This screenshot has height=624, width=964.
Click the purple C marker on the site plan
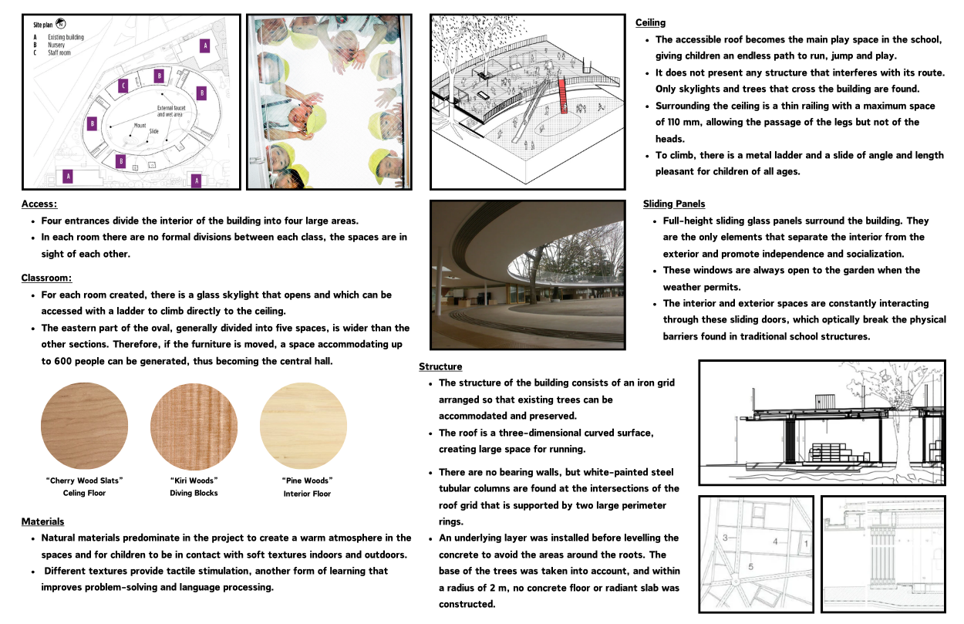click(123, 86)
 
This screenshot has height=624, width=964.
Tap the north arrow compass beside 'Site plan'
click(61, 24)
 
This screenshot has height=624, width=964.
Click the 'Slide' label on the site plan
click(153, 132)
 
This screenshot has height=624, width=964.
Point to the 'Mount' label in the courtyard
click(140, 125)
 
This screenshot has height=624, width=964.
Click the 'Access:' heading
click(39, 204)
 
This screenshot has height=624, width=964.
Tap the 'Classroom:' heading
click(46, 278)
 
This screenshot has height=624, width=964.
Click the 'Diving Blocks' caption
click(194, 493)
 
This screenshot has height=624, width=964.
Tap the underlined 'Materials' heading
click(42, 522)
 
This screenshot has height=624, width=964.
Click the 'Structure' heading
click(440, 366)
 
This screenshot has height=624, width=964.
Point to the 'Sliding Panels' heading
click(673, 204)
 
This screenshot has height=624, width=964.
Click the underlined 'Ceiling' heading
click(650, 22)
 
